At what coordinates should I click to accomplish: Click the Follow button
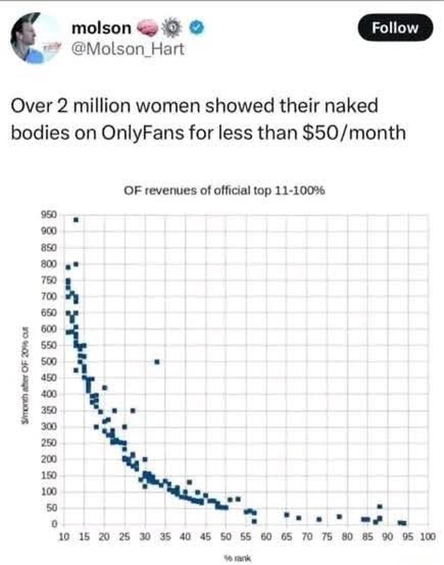(x=395, y=28)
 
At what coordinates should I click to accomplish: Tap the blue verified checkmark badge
(x=197, y=27)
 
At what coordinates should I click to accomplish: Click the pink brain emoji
(x=146, y=27)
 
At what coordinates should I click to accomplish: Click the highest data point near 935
(x=76, y=220)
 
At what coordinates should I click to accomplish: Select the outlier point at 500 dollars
(x=157, y=361)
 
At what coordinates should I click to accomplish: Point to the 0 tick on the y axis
(x=55, y=524)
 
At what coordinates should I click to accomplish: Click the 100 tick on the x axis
(x=428, y=536)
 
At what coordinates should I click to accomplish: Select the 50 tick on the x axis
(x=225, y=536)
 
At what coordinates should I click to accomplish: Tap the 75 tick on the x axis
(x=327, y=536)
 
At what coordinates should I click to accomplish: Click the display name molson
(x=101, y=28)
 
